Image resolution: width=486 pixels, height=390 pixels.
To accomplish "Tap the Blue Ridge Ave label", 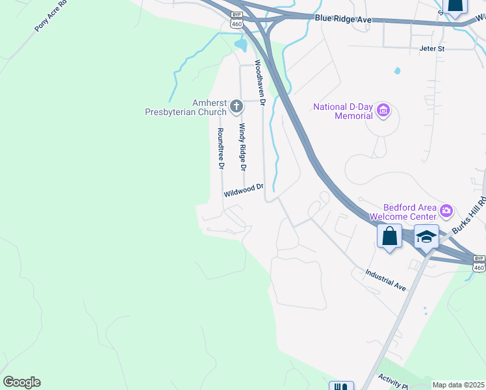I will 343,20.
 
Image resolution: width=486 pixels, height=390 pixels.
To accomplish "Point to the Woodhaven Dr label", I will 260,83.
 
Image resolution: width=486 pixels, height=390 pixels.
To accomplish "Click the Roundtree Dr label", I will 221,148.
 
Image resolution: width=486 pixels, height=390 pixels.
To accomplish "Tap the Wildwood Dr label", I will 243,190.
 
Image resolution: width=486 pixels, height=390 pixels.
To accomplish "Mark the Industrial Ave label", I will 385,281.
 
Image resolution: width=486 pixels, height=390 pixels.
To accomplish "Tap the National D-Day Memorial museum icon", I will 383,111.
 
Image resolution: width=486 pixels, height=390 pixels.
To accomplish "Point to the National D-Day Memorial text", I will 343,112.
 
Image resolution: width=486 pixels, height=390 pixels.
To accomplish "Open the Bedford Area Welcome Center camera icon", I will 446,210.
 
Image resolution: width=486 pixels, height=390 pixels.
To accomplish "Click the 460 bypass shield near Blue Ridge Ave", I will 237,19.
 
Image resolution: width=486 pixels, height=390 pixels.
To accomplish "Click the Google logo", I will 21,382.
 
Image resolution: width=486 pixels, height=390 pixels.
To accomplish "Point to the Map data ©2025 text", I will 458,385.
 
